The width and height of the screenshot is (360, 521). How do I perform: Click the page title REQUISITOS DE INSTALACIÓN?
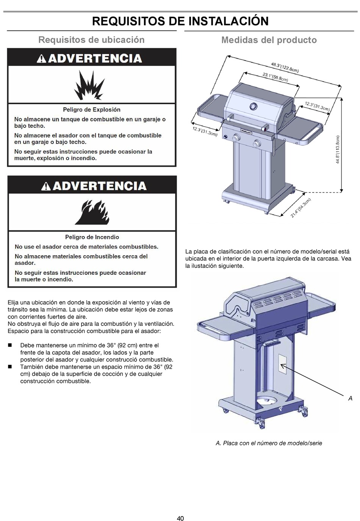point(180,21)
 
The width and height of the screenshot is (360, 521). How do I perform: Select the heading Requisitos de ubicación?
point(91,39)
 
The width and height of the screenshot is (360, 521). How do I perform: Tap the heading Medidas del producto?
point(269,40)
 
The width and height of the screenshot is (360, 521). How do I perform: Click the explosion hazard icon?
point(89,85)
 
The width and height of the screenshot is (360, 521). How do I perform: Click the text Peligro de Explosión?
point(92,110)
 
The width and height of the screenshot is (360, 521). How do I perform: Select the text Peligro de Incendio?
point(92,237)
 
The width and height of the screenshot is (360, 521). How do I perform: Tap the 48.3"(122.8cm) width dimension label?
point(285,67)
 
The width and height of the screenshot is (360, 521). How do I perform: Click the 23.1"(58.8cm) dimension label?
point(275,77)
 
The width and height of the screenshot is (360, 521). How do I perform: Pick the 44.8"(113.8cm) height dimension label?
point(337,150)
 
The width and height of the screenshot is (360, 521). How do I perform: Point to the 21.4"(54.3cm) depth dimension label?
point(301,208)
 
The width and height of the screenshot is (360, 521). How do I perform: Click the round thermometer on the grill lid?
point(253,106)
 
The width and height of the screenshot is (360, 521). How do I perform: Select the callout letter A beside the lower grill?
point(350,398)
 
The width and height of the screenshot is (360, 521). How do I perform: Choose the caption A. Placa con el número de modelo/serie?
point(269,443)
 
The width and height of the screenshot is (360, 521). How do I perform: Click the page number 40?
point(180,518)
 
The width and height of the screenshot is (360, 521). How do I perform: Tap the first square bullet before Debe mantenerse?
point(10,345)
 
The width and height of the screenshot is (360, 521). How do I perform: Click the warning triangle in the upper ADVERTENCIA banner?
point(42,59)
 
